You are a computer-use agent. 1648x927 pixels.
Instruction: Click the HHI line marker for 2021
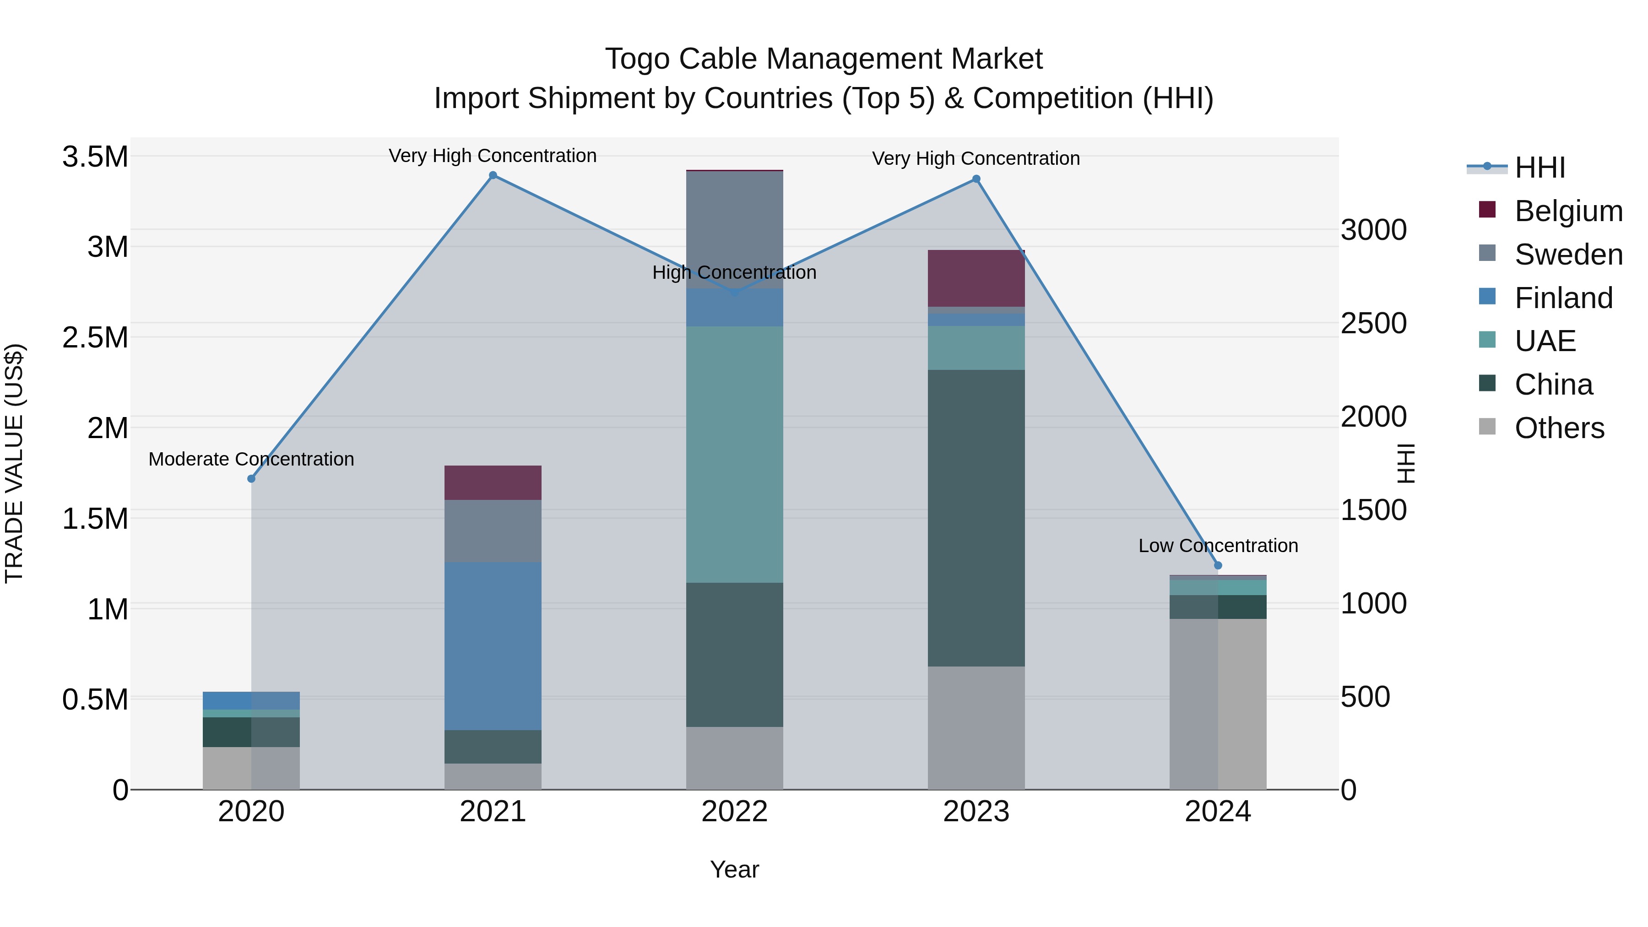tap(493, 175)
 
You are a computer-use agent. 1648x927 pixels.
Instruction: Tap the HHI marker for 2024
tap(1217, 565)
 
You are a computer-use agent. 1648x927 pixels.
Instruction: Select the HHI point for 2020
tap(251, 478)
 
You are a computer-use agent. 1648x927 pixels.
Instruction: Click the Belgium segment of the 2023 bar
tap(976, 278)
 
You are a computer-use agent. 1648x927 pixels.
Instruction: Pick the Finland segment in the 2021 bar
tap(493, 646)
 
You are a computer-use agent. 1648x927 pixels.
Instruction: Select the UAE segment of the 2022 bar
tap(734, 454)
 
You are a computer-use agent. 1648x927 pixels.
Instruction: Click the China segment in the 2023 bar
tap(976, 518)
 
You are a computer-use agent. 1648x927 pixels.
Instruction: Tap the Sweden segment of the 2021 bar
tap(493, 531)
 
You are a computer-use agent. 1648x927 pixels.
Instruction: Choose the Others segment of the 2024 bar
tap(1217, 704)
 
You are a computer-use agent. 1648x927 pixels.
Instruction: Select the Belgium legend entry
tap(1568, 211)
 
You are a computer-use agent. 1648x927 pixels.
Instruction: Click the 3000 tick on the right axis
tap(1373, 230)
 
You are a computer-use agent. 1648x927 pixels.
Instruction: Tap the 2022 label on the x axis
tap(734, 812)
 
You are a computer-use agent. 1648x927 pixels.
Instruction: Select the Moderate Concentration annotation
tap(251, 459)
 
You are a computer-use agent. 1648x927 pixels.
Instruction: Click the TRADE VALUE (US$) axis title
tap(14, 463)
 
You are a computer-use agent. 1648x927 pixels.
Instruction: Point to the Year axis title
tap(734, 869)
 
